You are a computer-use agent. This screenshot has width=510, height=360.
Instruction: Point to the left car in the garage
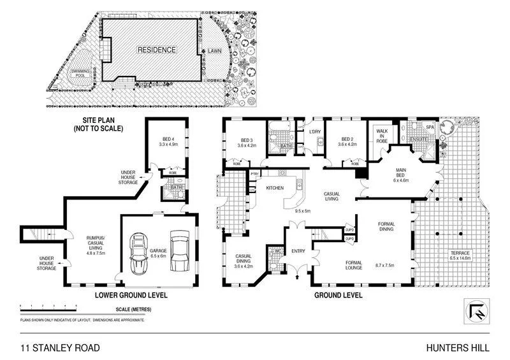tap(138, 252)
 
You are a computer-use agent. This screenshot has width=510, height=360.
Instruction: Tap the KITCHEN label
tap(274, 188)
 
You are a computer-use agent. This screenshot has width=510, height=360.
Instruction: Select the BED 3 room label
tap(247, 140)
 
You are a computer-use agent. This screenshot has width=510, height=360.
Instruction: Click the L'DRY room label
tap(314, 132)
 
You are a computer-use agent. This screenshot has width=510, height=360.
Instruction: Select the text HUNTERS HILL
tap(462, 347)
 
